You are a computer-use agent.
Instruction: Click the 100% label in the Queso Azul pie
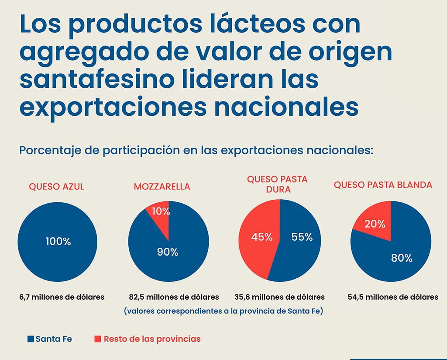point(58,241)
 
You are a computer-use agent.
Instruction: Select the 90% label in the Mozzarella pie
point(168,252)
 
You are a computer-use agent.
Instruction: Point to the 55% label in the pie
point(302,237)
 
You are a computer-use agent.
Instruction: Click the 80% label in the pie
point(402,258)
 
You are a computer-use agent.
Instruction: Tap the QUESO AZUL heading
point(56,187)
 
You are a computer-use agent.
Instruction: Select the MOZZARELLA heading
point(162,187)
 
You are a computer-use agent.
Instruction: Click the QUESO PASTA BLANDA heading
point(383,185)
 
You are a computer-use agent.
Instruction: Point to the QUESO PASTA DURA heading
point(277,184)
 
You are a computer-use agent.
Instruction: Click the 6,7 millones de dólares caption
point(62,297)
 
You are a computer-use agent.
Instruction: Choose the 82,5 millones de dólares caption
point(174,297)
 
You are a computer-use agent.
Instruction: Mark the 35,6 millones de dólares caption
point(279,297)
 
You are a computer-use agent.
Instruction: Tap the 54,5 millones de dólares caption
point(393,297)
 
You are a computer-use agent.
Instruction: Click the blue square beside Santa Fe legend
point(31,339)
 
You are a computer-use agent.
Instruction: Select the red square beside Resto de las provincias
point(98,339)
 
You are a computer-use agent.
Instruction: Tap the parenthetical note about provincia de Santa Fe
point(223,312)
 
